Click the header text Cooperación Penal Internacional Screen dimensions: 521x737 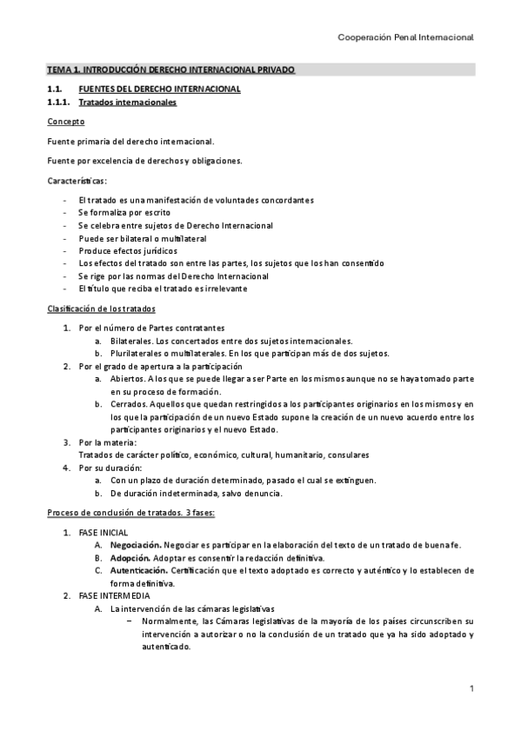point(404,37)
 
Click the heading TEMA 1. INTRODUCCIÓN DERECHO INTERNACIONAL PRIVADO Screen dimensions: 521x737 point(170,69)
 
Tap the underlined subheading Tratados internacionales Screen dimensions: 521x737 point(127,103)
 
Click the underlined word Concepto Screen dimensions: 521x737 point(66,122)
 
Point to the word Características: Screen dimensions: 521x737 point(77,181)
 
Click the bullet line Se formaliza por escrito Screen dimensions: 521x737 point(124,212)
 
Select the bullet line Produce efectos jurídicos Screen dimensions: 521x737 point(127,250)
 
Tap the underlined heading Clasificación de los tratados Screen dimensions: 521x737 point(101,309)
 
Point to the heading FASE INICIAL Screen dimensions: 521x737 point(104,532)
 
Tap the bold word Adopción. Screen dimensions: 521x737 point(130,557)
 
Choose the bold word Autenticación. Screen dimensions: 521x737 point(139,570)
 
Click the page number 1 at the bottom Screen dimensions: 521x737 point(471,689)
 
